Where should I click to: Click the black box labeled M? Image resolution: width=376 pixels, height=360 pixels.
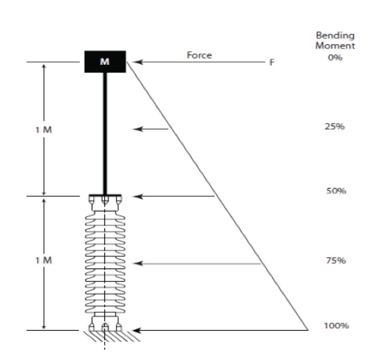point(105,62)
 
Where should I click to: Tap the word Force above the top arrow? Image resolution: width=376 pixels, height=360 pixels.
point(199,55)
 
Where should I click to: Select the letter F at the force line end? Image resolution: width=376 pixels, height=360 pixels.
point(272,62)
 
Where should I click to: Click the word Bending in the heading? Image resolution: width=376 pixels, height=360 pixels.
point(335,36)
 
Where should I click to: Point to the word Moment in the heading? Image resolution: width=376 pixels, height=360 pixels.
point(335,45)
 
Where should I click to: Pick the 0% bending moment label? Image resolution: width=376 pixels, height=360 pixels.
point(335,58)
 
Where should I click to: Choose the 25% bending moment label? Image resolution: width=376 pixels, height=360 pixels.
point(335,126)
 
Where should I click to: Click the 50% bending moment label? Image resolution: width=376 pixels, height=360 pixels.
point(336,191)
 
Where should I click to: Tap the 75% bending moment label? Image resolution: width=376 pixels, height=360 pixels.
point(336,260)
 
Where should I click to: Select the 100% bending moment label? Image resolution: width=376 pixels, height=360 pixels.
point(337,326)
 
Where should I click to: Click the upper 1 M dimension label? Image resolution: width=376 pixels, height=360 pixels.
point(43,130)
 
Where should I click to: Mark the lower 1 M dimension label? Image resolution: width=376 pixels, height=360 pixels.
point(43,260)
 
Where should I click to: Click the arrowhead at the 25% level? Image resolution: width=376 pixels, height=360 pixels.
point(137,129)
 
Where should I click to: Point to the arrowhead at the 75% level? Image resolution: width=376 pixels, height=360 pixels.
point(137,263)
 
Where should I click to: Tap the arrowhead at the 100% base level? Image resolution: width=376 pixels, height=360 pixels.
point(137,330)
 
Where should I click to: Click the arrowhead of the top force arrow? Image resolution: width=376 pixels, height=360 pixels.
point(137,62)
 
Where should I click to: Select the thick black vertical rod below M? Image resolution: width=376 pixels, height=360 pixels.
point(105,133)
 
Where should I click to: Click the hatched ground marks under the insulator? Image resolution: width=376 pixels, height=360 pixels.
point(112,336)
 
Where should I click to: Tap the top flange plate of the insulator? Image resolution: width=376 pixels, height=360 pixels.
point(105,195)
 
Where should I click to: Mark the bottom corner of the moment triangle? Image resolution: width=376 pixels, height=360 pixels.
point(308,330)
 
